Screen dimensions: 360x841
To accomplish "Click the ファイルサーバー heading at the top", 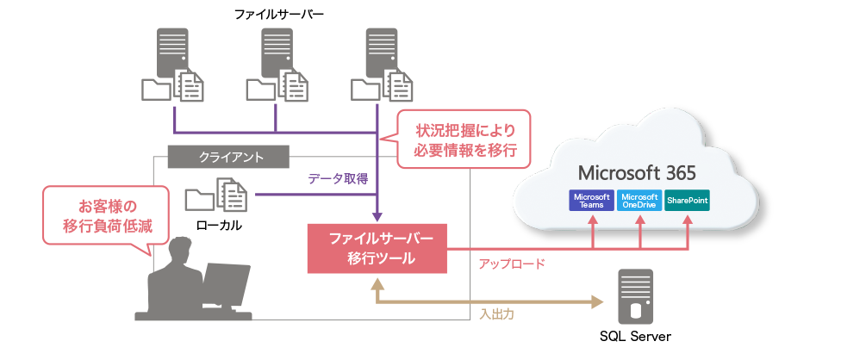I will (x=274, y=14).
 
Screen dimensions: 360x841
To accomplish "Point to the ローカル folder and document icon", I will (x=216, y=196).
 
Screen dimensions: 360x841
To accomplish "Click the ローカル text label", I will (x=218, y=226).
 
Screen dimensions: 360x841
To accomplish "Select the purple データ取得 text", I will (x=338, y=179).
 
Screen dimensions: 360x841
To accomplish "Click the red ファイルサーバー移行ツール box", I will (x=376, y=248).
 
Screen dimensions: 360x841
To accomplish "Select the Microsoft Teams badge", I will (x=591, y=200).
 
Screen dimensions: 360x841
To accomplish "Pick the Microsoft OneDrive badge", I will (x=639, y=200).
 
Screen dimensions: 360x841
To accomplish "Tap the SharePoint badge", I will (x=687, y=200).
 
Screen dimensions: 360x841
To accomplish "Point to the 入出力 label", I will (x=496, y=314).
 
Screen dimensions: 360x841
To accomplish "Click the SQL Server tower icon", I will (x=634, y=295).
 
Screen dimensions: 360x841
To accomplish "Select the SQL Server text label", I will (x=635, y=337).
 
